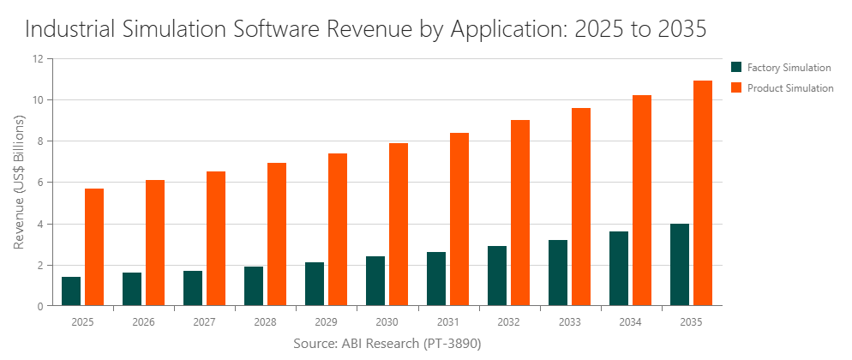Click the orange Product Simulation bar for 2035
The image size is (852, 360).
pos(703,193)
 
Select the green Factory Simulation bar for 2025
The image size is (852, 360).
pos(71,291)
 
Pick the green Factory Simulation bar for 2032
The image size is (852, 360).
pos(497,276)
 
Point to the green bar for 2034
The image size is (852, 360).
pos(619,268)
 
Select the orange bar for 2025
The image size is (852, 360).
pos(94,247)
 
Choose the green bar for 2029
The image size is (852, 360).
pos(315,284)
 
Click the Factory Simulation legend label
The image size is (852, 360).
pos(789,67)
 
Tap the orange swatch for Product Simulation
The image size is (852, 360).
pos(735,87)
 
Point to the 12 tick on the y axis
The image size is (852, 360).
pos(37,59)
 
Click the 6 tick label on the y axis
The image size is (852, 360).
pos(39,183)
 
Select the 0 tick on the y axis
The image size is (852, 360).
pos(39,306)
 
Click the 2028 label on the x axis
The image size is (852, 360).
pos(266,321)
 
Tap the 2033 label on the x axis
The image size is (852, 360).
pos(570,321)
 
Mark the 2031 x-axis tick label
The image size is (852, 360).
pos(448,321)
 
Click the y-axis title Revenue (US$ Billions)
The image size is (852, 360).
pos(19,183)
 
